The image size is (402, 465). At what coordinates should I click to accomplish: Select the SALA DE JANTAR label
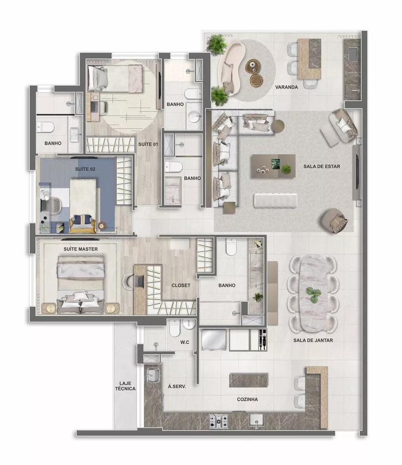point(313,340)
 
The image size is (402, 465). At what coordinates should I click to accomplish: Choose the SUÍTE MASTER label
point(81,249)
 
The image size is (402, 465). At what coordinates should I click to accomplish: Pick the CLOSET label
point(181,286)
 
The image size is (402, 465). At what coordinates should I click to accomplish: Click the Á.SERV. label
point(177,386)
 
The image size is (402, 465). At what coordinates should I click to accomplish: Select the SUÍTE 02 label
point(85,169)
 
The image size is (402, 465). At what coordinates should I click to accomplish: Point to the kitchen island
point(248,380)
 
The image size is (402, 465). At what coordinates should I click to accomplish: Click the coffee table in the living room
point(272,166)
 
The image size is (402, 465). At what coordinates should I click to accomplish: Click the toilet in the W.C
point(175,329)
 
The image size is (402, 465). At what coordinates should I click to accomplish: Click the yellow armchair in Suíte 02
point(84,223)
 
